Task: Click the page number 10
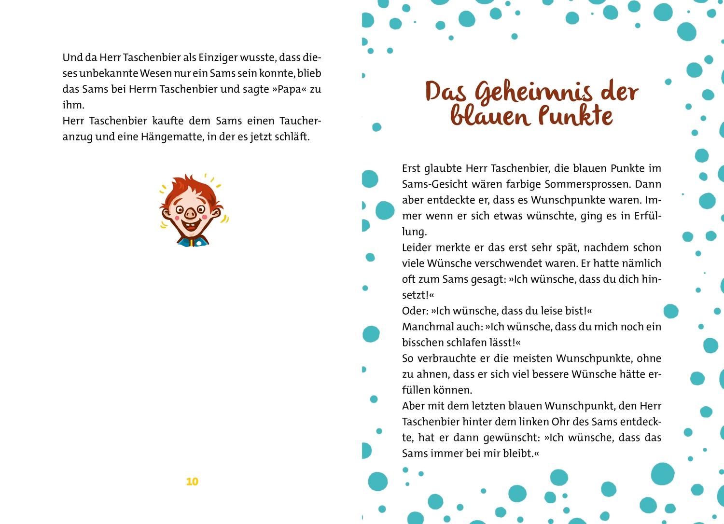coord(192,482)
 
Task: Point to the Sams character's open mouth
coord(193,226)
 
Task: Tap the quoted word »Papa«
coord(289,89)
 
